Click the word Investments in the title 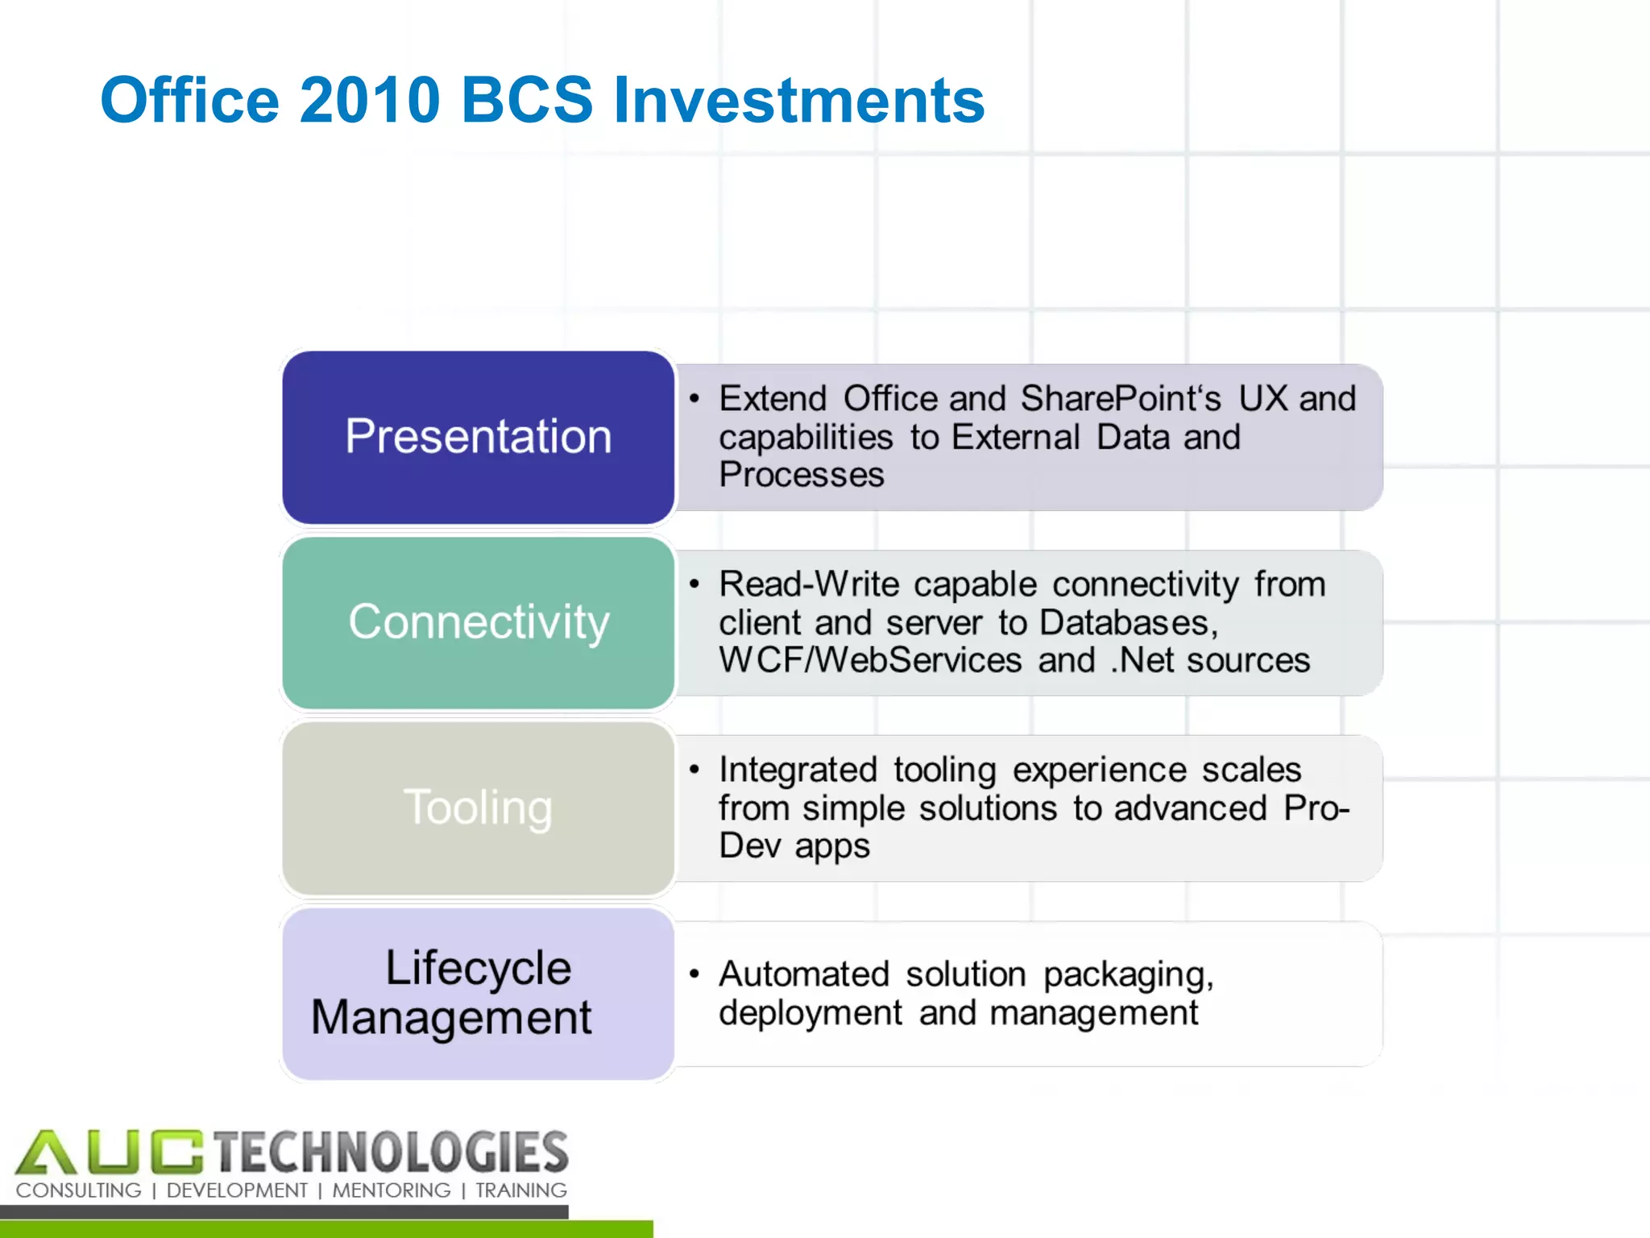click(798, 100)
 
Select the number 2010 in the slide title click(370, 100)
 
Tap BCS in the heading click(526, 100)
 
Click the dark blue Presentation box click(479, 437)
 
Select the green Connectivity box click(479, 622)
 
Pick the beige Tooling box click(479, 808)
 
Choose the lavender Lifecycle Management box click(479, 993)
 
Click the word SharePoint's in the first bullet click(1121, 399)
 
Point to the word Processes click(801, 474)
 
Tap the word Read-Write click(808, 584)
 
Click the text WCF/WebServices click(870, 660)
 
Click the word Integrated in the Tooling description click(797, 770)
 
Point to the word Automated click(803, 974)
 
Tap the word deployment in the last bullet click(810, 1013)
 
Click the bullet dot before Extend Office click(694, 398)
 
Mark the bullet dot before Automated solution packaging click(694, 974)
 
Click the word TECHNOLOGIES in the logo click(392, 1152)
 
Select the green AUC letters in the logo click(109, 1153)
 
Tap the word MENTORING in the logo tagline click(392, 1190)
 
